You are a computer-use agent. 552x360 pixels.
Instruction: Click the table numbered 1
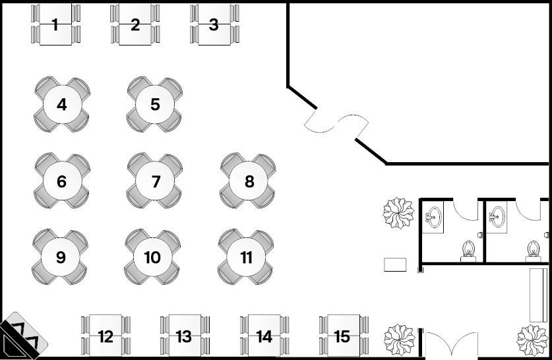pyautogui.click(x=55, y=26)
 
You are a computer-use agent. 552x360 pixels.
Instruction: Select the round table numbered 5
pyautogui.click(x=155, y=104)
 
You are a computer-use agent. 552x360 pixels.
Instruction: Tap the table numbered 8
pyautogui.click(x=249, y=181)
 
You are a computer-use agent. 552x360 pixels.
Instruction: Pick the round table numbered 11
pyautogui.click(x=247, y=257)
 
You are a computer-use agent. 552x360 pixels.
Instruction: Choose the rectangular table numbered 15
pyautogui.click(x=342, y=336)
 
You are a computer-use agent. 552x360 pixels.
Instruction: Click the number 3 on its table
pyautogui.click(x=214, y=25)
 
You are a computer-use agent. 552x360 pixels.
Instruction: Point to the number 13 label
pyautogui.click(x=184, y=337)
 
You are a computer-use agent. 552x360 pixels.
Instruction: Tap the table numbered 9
pyautogui.click(x=61, y=257)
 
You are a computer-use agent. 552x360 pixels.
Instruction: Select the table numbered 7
pyautogui.click(x=156, y=181)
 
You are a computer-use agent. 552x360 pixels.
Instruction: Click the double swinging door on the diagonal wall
pyautogui.click(x=336, y=124)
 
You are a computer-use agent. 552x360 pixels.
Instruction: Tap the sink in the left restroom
pyautogui.click(x=433, y=216)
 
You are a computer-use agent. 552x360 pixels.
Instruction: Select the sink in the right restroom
pyautogui.click(x=497, y=216)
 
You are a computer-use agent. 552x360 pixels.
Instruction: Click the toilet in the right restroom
pyautogui.click(x=533, y=249)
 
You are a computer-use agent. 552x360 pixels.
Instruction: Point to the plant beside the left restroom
pyautogui.click(x=399, y=213)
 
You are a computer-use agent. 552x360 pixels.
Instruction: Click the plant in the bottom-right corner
pyautogui.click(x=532, y=340)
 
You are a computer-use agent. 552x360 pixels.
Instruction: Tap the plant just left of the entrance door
pyautogui.click(x=399, y=338)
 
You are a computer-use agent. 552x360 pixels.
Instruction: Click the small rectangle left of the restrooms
pyautogui.click(x=396, y=264)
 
